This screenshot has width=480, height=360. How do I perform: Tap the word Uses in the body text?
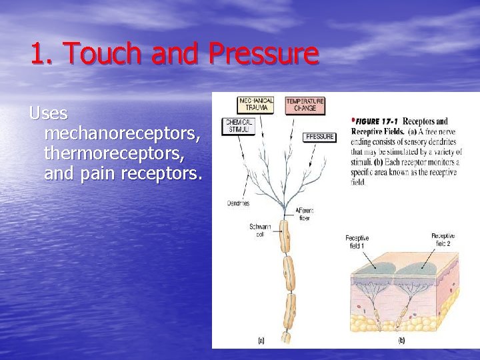pos(49,113)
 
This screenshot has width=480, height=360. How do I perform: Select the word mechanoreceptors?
pos(122,134)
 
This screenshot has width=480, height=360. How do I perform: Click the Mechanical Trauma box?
pos(256,105)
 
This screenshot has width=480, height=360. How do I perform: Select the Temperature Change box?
pos(305,105)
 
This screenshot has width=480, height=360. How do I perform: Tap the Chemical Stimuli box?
pos(238,126)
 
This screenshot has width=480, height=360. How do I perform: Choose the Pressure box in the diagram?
pos(319,137)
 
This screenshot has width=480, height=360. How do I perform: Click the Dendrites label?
pos(238,203)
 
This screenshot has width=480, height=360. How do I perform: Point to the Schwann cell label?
pos(259,230)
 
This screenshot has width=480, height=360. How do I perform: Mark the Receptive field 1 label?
pos(357,241)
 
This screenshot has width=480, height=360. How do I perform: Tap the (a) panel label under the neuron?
pos(261,340)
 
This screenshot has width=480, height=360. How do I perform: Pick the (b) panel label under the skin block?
pos(401,340)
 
